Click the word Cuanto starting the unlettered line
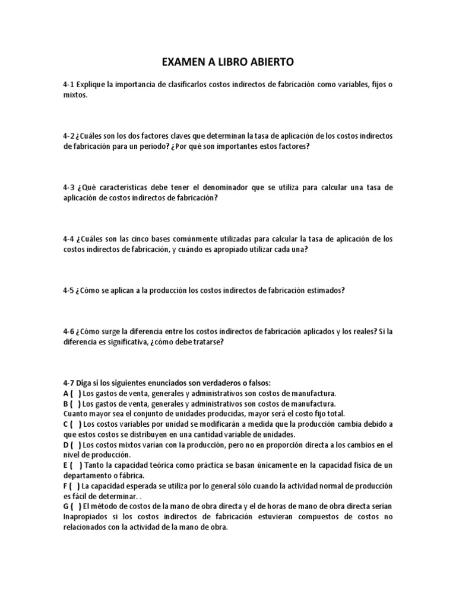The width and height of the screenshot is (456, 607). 75,413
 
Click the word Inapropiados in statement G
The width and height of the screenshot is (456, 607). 87,516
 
